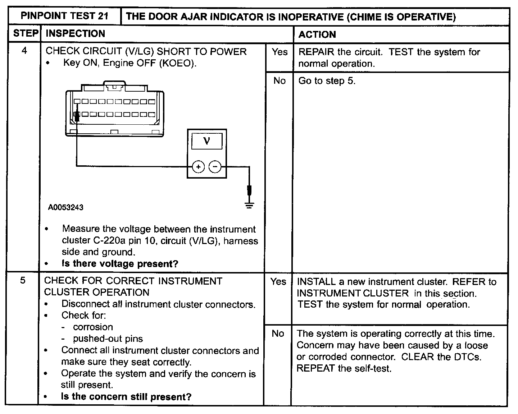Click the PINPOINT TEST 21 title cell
tap(64, 16)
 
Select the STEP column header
tap(25, 34)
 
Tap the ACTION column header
tap(317, 34)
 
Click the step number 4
tap(24, 51)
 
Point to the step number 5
tap(23, 280)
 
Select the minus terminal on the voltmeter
tap(215, 167)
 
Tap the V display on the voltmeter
tap(206, 141)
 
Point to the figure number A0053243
tap(66, 207)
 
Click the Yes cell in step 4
tap(280, 52)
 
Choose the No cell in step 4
tap(279, 81)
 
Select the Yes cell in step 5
tap(278, 281)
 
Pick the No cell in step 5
tap(278, 333)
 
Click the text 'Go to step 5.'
tap(327, 81)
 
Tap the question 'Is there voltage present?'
tap(120, 264)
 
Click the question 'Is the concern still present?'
tap(126, 397)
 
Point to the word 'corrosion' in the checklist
tap(93, 327)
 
